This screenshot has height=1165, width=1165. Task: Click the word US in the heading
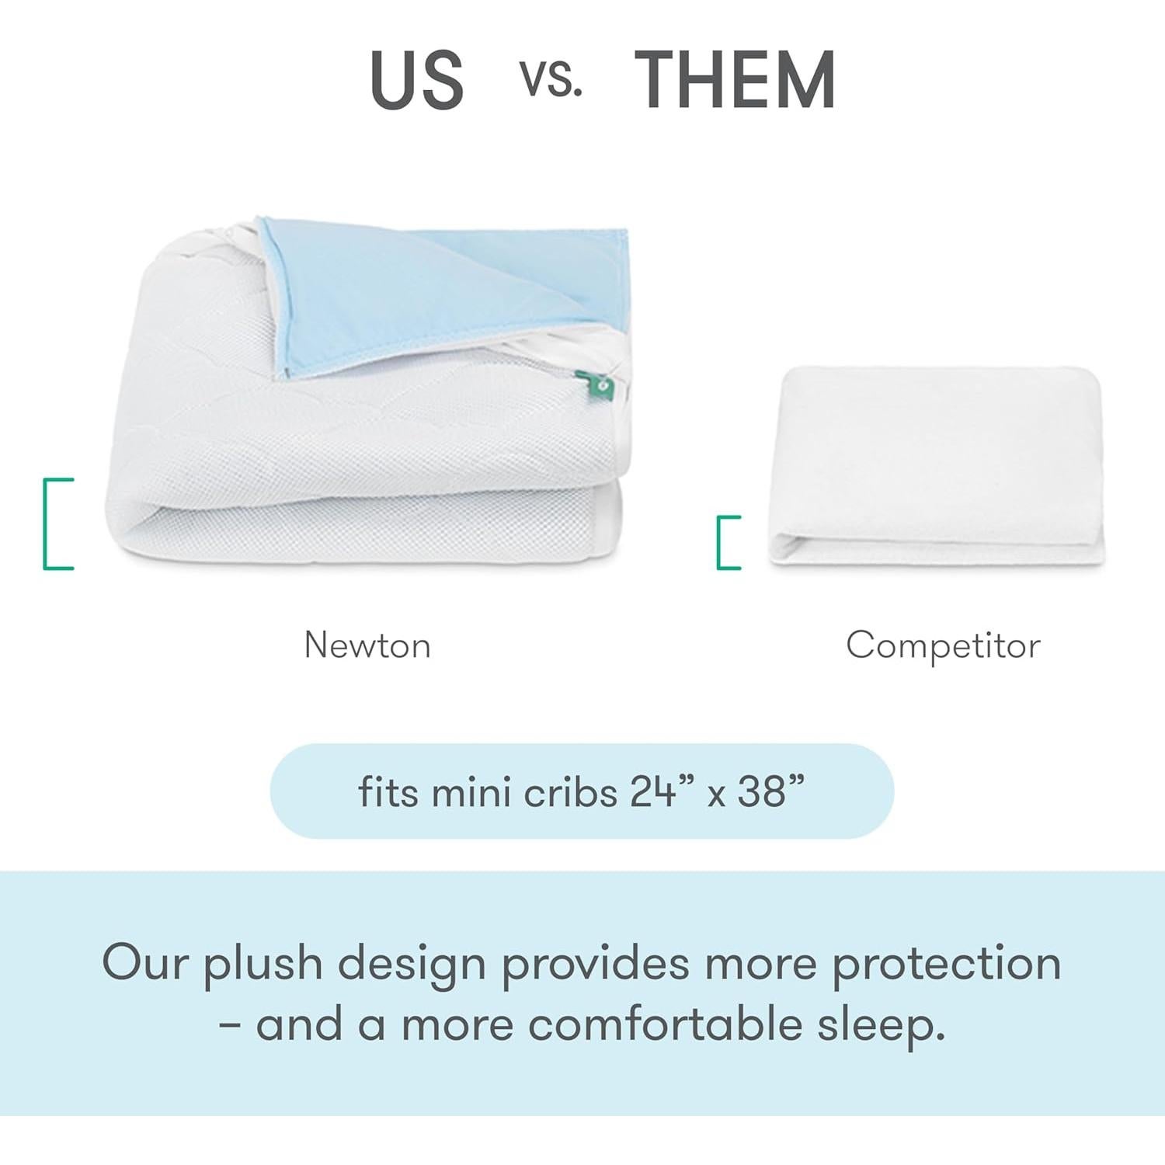pyautogui.click(x=417, y=79)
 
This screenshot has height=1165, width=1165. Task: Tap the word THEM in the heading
pyautogui.click(x=735, y=79)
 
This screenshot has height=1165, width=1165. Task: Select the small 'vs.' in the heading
pyautogui.click(x=551, y=79)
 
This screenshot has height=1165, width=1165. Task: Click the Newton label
pyautogui.click(x=367, y=645)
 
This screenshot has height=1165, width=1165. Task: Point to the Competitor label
pyautogui.click(x=943, y=645)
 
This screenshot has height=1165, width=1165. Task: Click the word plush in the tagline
pyautogui.click(x=263, y=965)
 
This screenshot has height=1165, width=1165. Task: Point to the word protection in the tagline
pyautogui.click(x=946, y=965)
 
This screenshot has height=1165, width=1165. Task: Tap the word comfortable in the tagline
pyautogui.click(x=665, y=1024)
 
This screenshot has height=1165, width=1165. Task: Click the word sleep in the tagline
pyautogui.click(x=880, y=1026)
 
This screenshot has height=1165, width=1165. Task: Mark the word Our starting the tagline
pyautogui.click(x=145, y=963)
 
